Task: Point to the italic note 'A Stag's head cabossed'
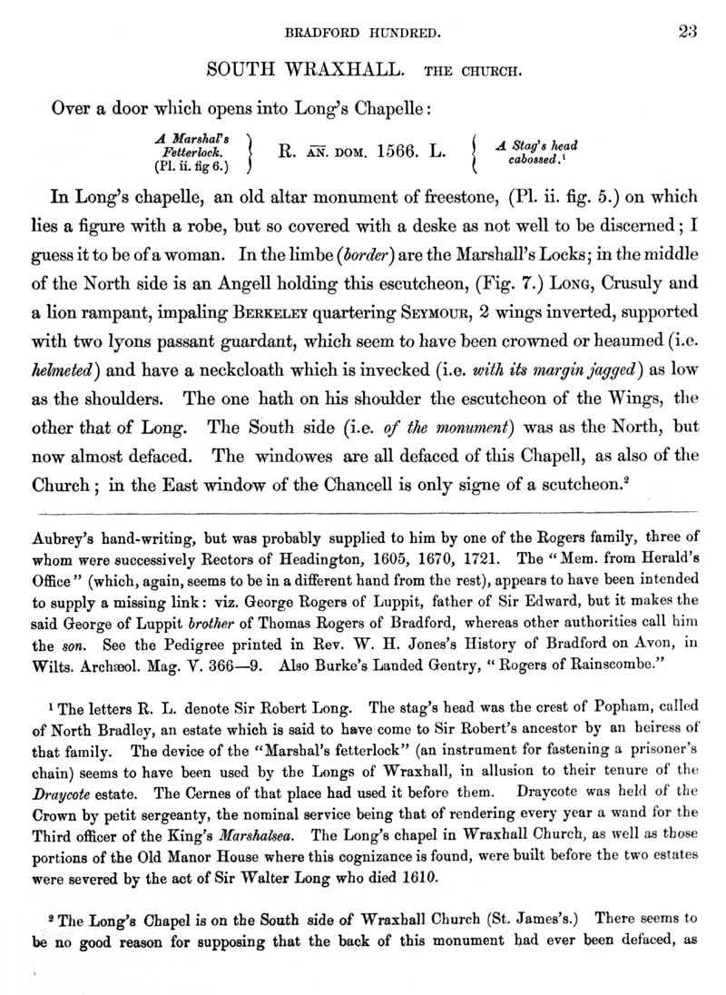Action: (x=536, y=152)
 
